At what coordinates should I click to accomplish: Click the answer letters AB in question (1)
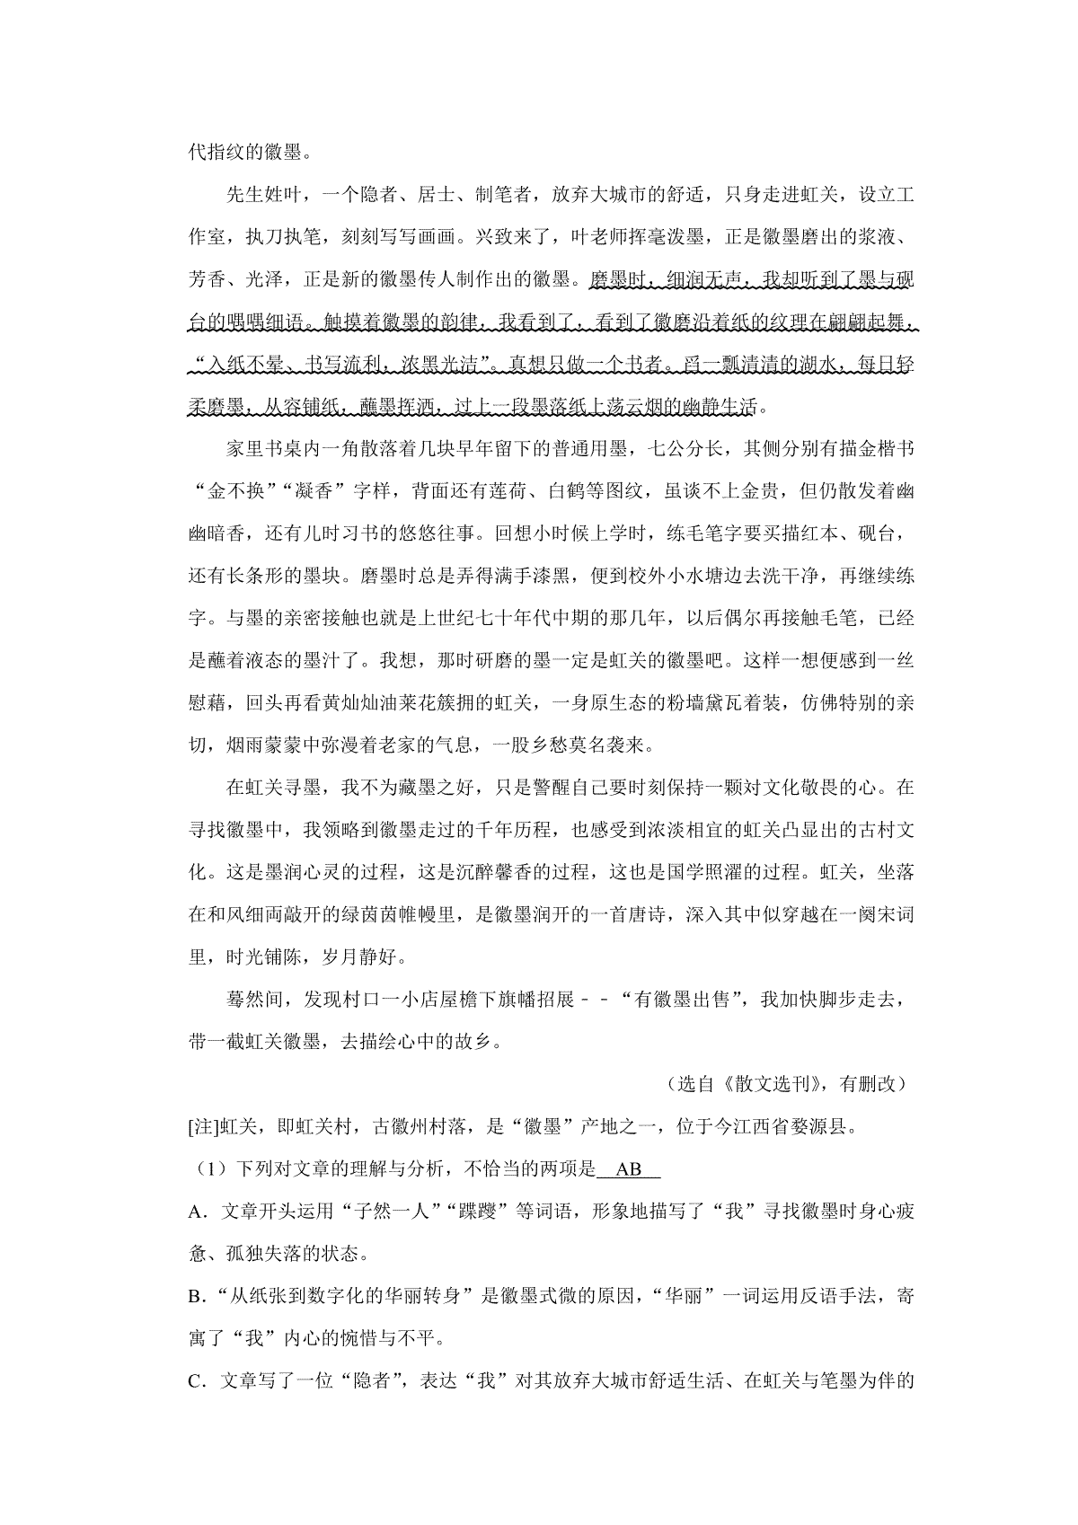click(629, 1169)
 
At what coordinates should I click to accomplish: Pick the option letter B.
click(195, 1297)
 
